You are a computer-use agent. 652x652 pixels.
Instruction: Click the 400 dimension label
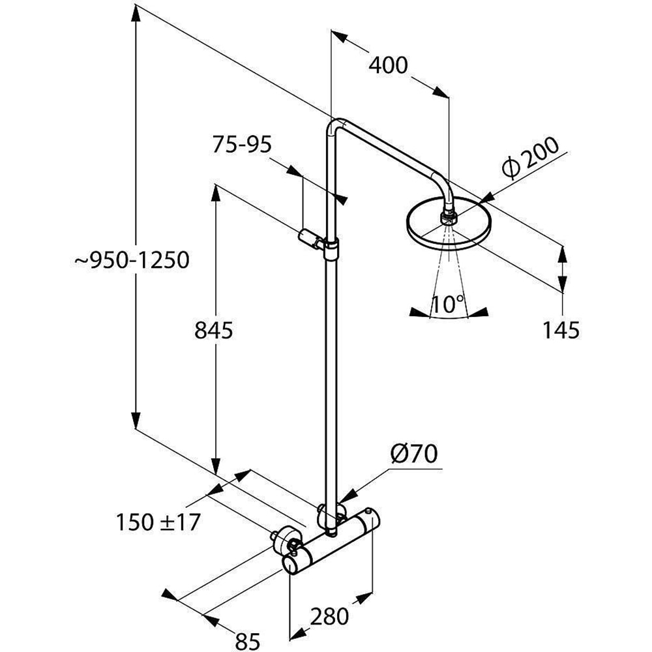point(389,65)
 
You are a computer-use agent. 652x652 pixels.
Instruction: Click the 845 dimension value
point(214,331)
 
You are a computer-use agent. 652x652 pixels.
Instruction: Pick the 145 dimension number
point(561,331)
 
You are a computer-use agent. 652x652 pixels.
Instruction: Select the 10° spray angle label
point(447,303)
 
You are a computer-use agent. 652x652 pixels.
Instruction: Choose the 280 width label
point(329,615)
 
